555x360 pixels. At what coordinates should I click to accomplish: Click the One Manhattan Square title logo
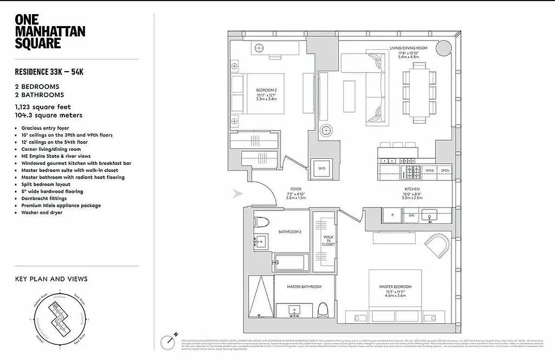click(x=50, y=31)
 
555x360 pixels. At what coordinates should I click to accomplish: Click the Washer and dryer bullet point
click(x=42, y=213)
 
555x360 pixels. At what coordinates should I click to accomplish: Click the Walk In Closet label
click(x=328, y=241)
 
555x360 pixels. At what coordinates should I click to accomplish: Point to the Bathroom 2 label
click(x=289, y=232)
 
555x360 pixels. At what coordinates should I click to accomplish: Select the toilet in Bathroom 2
click(x=261, y=222)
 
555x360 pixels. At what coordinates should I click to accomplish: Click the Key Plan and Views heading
click(x=51, y=279)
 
